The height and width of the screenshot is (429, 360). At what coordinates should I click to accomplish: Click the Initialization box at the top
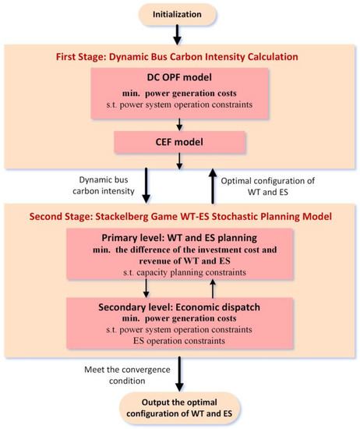(x=179, y=13)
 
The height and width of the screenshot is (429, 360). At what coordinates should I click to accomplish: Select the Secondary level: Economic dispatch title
(x=180, y=306)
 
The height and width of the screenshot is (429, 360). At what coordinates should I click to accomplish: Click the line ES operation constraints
(x=180, y=341)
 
